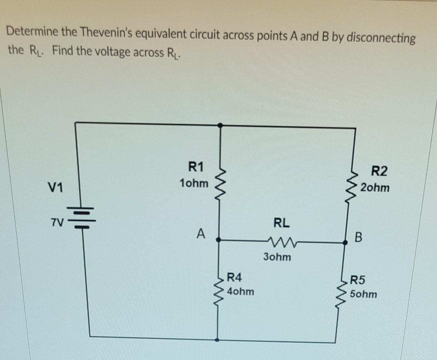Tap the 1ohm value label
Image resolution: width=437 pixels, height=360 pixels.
click(194, 183)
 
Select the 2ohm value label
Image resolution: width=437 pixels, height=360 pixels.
click(375, 188)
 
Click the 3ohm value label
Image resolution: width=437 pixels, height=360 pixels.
click(277, 257)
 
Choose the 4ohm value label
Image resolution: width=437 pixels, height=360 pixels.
click(240, 292)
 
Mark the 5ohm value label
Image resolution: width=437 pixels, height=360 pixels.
click(363, 294)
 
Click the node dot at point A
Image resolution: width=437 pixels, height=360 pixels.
click(218, 239)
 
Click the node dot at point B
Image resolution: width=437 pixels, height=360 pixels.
click(346, 243)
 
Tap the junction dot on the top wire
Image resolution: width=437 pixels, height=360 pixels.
click(220, 125)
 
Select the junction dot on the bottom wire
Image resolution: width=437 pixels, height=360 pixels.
click(217, 340)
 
